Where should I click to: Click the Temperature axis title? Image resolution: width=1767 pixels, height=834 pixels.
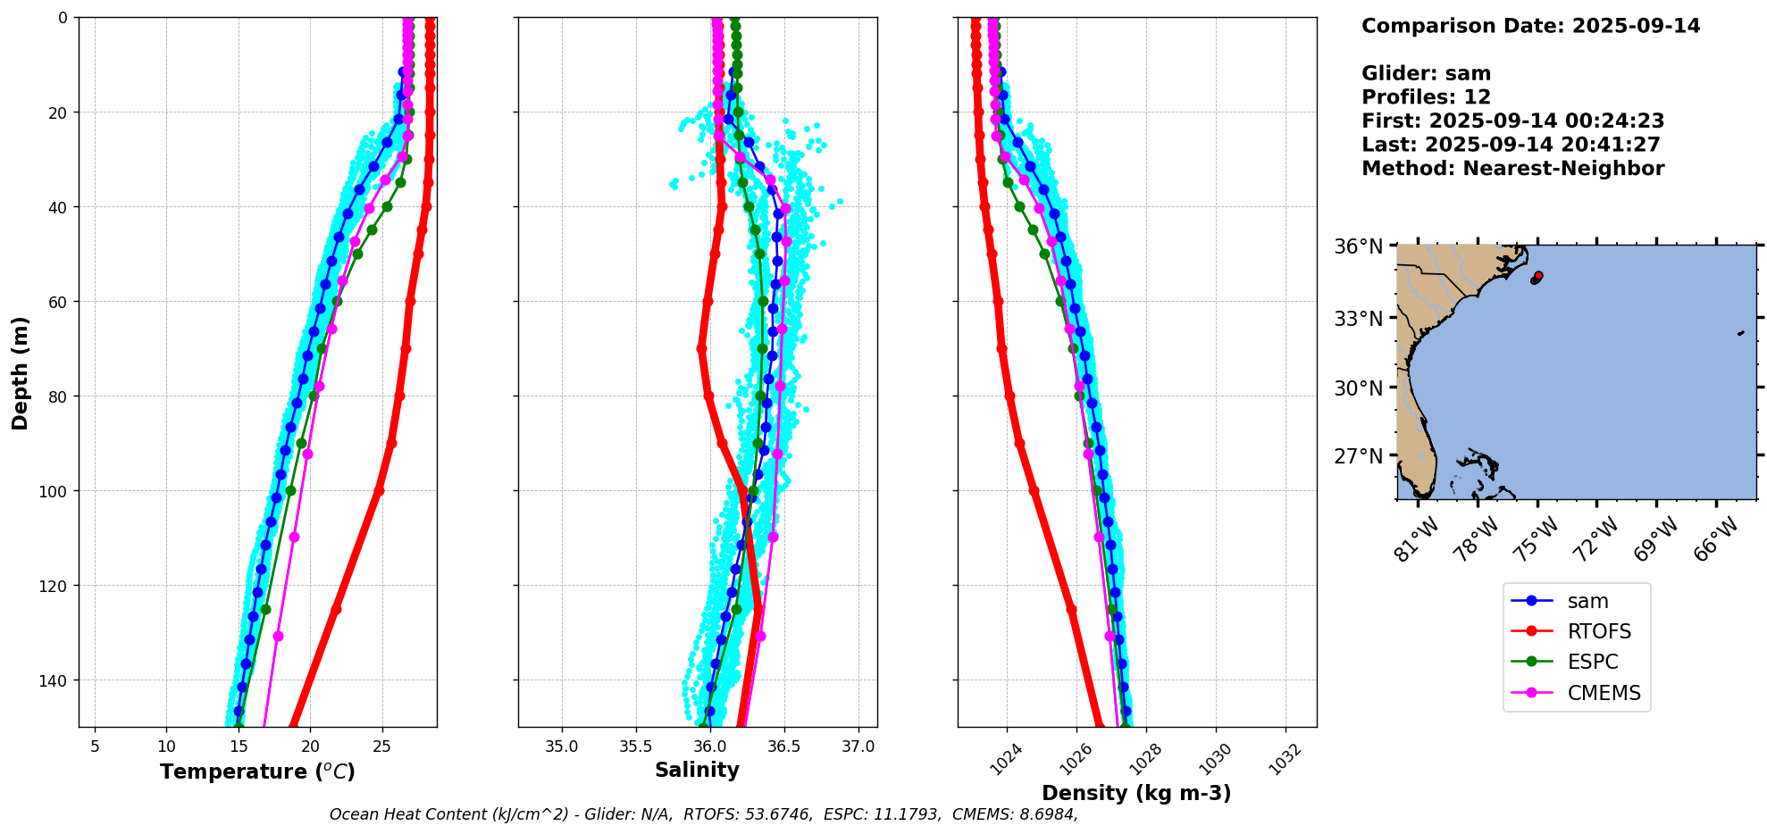(257, 771)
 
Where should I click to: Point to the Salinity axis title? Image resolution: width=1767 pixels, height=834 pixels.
(697, 770)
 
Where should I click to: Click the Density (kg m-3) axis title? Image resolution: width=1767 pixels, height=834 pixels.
(1136, 793)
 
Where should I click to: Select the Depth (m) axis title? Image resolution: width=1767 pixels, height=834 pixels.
(20, 372)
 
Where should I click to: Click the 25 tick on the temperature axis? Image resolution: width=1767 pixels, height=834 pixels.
(381, 746)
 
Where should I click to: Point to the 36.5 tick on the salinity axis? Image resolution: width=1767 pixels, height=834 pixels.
(783, 746)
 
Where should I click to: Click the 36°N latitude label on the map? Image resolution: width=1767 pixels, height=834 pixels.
(1358, 246)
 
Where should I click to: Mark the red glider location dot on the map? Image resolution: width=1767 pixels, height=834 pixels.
(1538, 276)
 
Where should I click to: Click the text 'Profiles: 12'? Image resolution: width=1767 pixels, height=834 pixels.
(1426, 97)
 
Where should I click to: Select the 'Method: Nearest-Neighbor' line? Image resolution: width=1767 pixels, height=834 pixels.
(1512, 169)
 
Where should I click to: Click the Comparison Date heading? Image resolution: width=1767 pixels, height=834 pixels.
(1530, 26)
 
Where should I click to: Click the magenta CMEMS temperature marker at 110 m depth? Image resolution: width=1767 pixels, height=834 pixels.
(294, 537)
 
